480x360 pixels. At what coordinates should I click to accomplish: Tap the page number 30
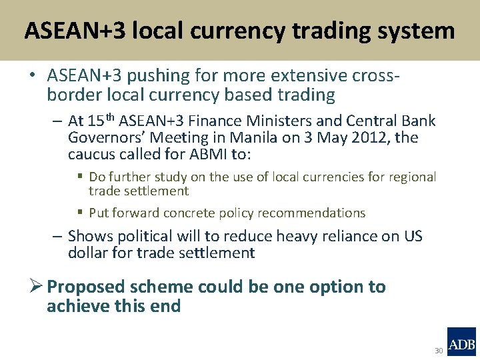pos(439,351)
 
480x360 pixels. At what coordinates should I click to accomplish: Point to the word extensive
pos(308,77)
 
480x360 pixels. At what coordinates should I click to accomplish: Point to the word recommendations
pos(317,213)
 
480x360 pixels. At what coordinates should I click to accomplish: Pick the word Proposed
pos(87,287)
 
